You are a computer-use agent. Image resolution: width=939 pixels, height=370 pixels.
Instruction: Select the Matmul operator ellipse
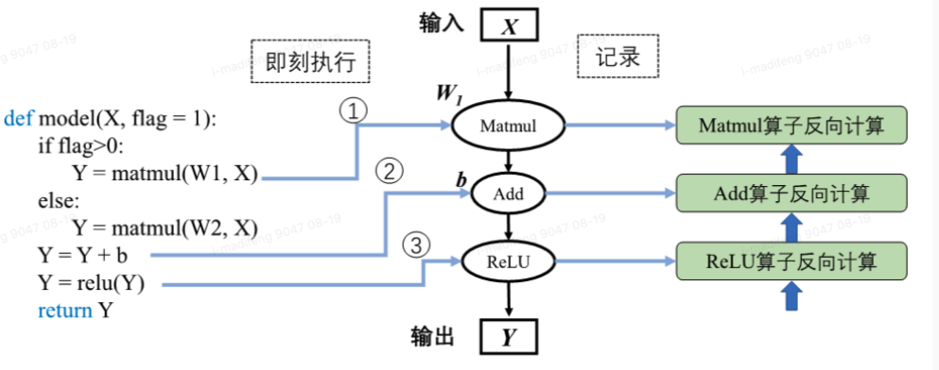509,126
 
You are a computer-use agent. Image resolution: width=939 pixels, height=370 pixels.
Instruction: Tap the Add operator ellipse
509,195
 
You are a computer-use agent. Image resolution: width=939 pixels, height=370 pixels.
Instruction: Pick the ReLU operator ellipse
509,264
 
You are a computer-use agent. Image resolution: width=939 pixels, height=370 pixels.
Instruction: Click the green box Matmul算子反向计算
791,126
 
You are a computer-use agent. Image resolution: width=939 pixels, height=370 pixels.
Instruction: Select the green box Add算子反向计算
791,194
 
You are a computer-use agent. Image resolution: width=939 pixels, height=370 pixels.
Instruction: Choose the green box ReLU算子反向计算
791,261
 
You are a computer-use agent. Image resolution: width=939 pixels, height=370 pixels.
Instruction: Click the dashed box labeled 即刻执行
309,62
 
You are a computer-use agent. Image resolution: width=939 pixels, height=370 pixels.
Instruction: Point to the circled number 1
352,111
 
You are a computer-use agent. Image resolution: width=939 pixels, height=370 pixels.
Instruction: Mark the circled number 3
415,245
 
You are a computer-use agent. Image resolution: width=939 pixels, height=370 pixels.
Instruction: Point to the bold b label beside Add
461,179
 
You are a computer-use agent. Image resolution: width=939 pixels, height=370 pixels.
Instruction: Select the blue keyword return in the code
65,311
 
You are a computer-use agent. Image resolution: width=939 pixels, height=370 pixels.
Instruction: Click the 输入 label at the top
442,24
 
